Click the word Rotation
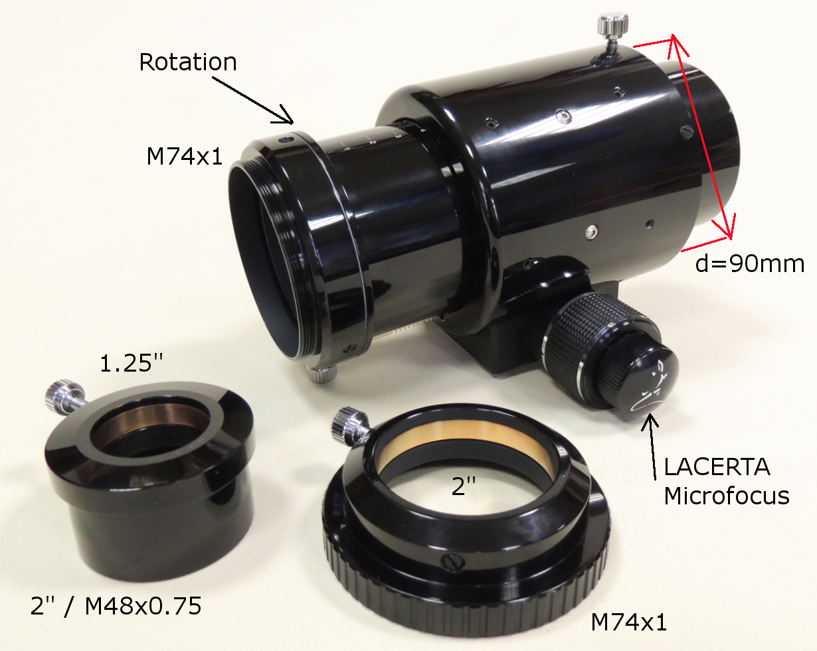coord(188,62)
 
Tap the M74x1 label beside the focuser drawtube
coord(185,156)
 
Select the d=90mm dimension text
coord(750,263)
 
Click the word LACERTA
coord(717,467)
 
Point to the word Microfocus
coord(727,496)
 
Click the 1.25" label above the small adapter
coord(131,363)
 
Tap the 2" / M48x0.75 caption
coord(116,606)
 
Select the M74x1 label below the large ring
coord(629,622)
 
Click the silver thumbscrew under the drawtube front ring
coord(323,373)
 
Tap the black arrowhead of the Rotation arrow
coord(284,116)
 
